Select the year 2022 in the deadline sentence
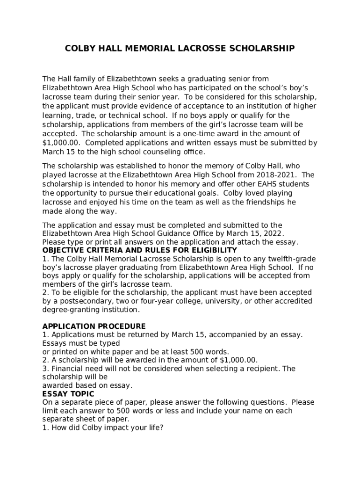click(x=274, y=233)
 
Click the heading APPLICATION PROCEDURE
click(x=94, y=326)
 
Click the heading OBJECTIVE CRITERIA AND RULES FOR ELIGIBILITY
click(x=140, y=250)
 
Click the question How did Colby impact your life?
click(x=103, y=428)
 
